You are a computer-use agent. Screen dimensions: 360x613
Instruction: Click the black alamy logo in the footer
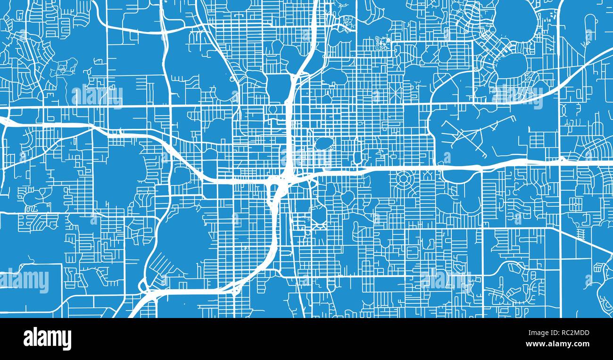click(x=47, y=339)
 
